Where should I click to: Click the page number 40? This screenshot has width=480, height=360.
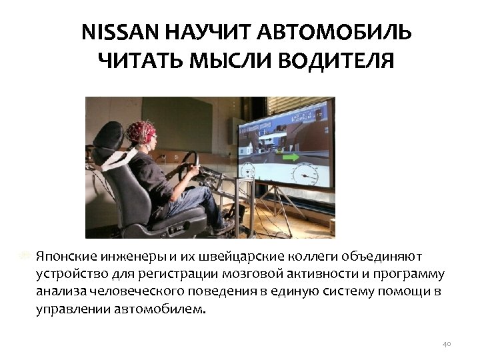(x=447, y=343)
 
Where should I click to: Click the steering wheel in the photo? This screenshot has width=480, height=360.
(x=190, y=163)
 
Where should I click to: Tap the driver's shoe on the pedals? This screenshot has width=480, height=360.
(x=224, y=226)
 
